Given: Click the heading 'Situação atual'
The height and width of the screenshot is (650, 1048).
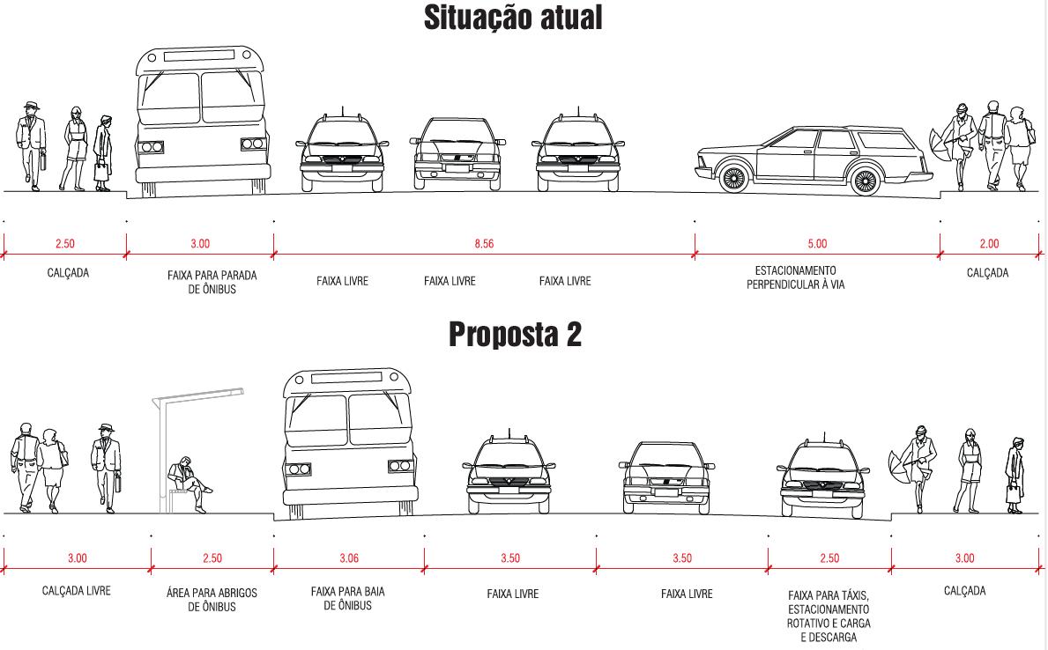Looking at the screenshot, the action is click(513, 18).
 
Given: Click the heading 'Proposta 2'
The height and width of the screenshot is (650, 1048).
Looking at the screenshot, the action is click(515, 335).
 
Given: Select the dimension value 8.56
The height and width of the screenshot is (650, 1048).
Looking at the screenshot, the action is click(484, 244).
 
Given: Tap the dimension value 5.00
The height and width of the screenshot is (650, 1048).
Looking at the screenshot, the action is click(817, 244).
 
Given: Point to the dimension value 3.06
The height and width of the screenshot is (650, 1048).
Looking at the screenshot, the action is click(349, 558).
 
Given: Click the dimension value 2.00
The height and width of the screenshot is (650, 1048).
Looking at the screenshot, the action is click(989, 244).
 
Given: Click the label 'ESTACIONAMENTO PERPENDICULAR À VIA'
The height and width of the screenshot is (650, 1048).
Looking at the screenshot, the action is click(795, 277).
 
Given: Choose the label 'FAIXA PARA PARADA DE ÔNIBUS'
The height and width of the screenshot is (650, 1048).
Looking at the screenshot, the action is click(212, 282).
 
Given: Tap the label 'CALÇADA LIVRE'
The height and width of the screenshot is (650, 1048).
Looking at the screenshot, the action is click(77, 591).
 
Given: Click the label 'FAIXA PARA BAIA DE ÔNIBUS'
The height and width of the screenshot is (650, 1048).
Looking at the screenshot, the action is click(348, 598).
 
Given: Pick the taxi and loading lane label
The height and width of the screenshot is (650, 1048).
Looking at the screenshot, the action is click(829, 617).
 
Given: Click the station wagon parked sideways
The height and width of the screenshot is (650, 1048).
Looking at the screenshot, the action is click(811, 159).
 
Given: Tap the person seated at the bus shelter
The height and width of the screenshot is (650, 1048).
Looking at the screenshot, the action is click(188, 483).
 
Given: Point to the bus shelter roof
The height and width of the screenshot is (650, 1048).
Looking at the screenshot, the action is click(197, 396).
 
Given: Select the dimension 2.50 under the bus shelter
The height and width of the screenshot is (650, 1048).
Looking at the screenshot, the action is click(212, 558).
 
